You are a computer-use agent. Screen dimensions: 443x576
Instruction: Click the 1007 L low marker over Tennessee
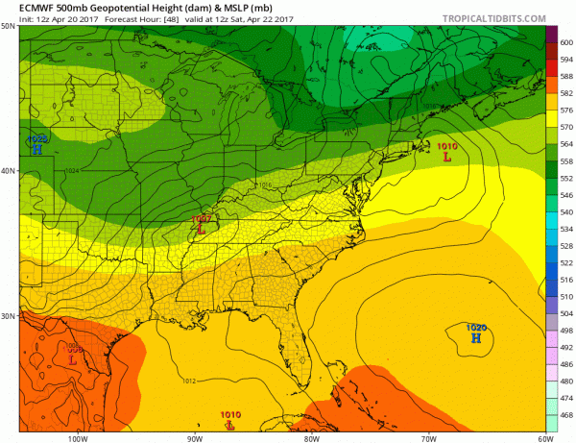pyautogui.click(x=201, y=224)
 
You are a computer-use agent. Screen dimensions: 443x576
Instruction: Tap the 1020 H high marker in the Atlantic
pyautogui.click(x=475, y=332)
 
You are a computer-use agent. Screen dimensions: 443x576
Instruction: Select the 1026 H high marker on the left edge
pyautogui.click(x=36, y=144)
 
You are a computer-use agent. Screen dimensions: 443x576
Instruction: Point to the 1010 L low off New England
pyautogui.click(x=446, y=151)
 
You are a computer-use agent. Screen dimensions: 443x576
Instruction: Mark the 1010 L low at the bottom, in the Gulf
pyautogui.click(x=230, y=420)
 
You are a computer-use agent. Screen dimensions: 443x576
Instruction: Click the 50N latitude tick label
pyautogui.click(x=9, y=27)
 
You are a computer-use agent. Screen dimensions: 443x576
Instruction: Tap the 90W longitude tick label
pyautogui.click(x=194, y=436)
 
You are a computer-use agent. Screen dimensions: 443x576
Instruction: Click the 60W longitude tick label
pyautogui.click(x=543, y=436)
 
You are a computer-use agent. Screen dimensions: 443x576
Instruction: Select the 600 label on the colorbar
pyautogui.click(x=565, y=41)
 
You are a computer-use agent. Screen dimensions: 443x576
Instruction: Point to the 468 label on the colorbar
pyautogui.click(x=565, y=416)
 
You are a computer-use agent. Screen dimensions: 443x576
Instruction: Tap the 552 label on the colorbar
pyautogui.click(x=565, y=178)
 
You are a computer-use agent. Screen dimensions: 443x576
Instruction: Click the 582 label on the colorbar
pyautogui.click(x=565, y=92)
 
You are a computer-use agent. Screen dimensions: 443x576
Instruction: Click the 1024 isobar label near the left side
pyautogui.click(x=71, y=171)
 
